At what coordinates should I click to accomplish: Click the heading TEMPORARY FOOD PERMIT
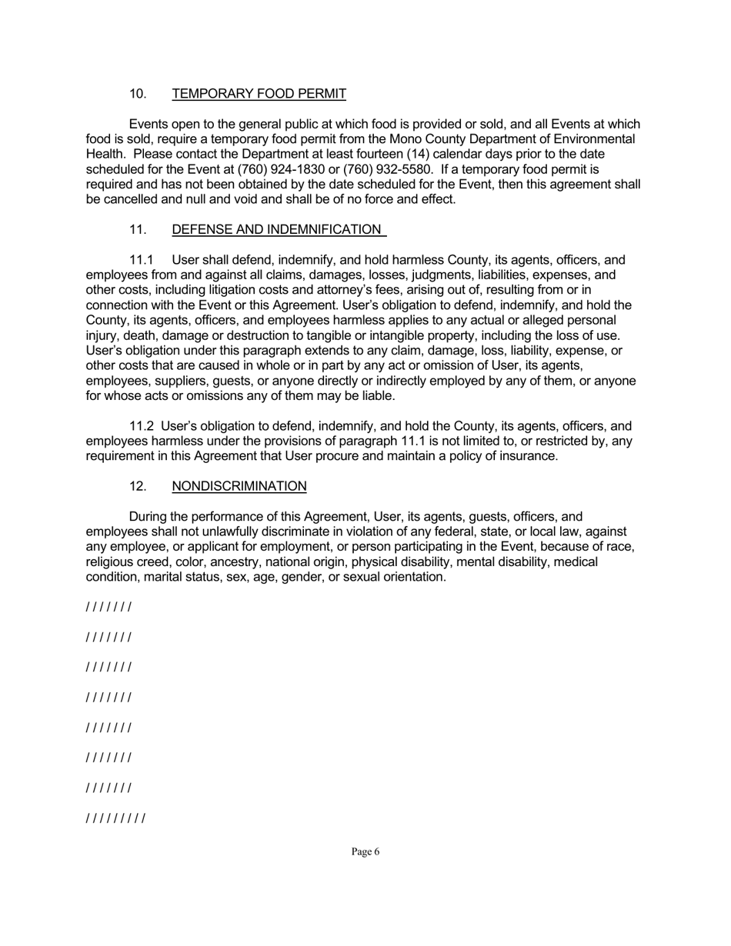coord(259,94)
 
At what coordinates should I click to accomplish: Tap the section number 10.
coord(139,94)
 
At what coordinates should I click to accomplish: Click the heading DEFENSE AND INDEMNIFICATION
coord(276,229)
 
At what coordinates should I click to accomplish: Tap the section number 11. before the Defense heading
coord(139,229)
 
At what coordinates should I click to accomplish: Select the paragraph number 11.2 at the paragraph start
coord(141,426)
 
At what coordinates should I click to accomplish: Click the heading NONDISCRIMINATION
coord(239,486)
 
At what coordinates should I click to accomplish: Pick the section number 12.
coord(139,486)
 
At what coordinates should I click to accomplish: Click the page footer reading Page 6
coord(365,851)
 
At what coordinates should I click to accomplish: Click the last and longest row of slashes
coord(115,818)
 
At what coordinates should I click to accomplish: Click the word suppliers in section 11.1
coord(174,381)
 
